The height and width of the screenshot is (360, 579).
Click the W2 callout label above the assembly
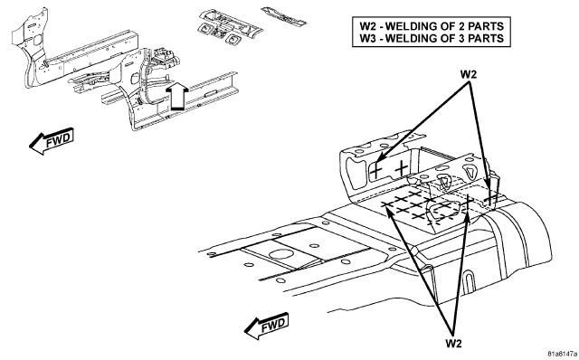[469, 74]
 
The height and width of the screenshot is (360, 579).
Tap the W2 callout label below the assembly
[453, 343]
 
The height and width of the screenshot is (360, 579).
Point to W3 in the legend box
[368, 38]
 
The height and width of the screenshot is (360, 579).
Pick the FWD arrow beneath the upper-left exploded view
[52, 141]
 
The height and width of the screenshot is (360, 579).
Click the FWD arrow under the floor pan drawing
[266, 326]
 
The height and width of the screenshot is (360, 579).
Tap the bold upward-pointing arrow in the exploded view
[177, 96]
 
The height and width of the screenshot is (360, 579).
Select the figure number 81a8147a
[562, 353]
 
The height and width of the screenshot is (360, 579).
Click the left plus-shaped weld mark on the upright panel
[376, 171]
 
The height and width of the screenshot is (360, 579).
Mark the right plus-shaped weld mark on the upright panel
[402, 169]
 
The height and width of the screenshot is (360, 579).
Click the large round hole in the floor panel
[280, 254]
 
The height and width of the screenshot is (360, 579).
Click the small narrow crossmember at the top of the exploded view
[283, 16]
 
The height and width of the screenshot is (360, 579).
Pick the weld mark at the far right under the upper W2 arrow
[490, 199]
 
